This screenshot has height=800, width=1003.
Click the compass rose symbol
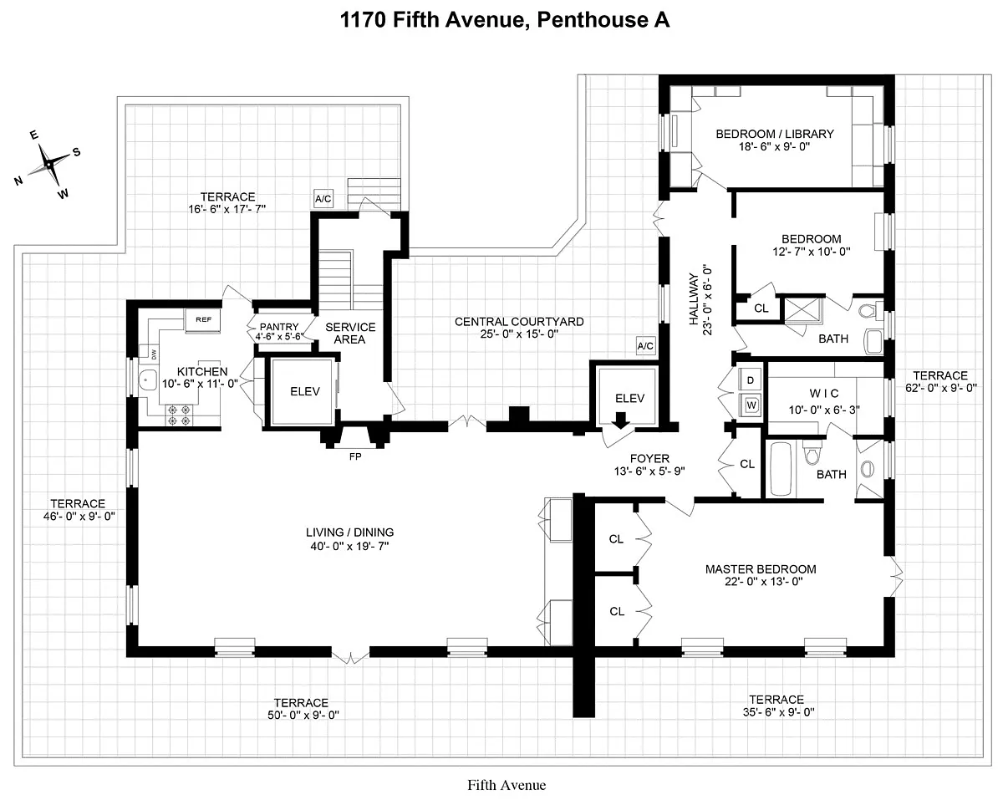pos(49,164)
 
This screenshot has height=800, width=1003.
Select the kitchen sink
pos(148,380)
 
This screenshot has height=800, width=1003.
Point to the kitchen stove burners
pos(178,410)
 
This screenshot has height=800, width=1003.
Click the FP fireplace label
pos(354,456)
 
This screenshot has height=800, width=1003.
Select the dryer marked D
pos(751,380)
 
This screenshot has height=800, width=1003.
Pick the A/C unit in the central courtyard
pos(645,345)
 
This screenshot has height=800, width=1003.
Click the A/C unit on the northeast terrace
pos(323,198)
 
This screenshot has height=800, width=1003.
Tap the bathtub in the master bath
pos(782,470)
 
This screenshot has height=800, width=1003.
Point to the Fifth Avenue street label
pos(507,784)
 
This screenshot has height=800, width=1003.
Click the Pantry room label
pos(279,327)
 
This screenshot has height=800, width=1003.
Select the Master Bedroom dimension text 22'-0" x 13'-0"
pos(761,583)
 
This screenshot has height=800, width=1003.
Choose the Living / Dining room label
pos(349,532)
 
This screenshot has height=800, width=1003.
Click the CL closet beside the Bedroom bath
pos(761,308)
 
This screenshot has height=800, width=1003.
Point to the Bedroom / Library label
pos(775,133)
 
